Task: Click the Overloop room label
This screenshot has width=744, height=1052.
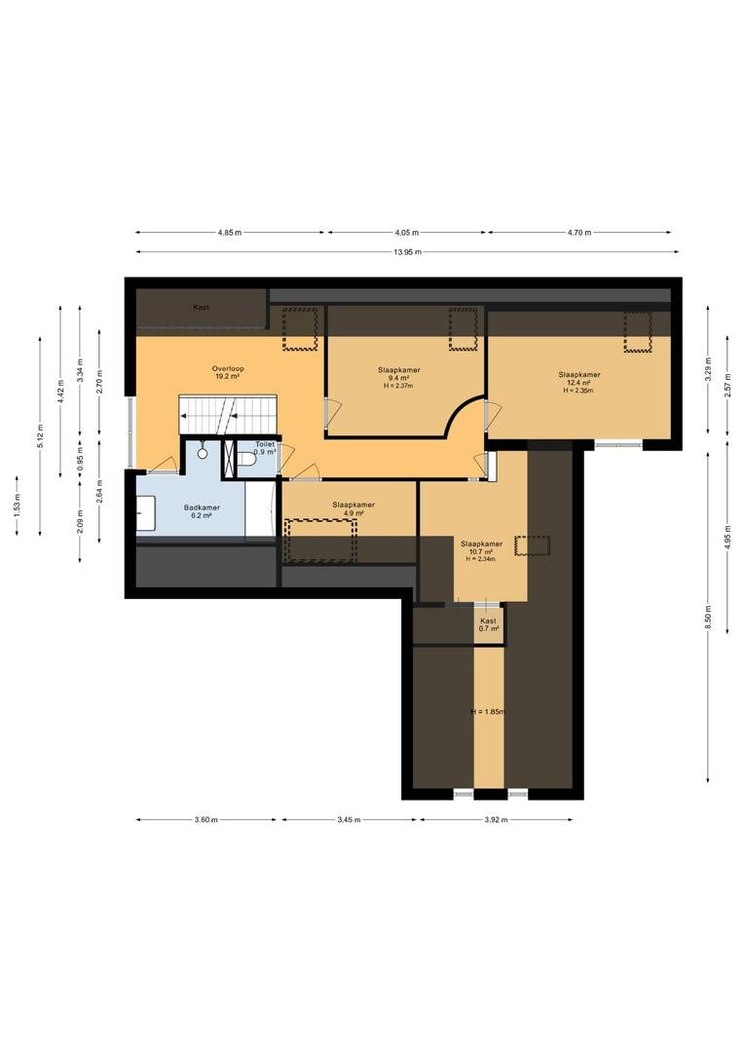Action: point(228,368)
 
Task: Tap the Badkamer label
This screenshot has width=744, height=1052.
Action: point(202,507)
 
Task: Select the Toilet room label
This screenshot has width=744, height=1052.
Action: point(265,444)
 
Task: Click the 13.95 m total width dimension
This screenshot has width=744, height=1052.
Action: point(408,252)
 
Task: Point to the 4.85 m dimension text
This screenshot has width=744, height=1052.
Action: point(230,233)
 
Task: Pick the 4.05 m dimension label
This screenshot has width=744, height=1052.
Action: point(406,233)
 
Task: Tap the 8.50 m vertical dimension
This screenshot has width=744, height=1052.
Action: point(708,618)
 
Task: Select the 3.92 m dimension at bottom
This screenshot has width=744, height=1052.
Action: point(496,820)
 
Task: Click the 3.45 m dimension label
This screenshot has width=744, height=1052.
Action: point(349,820)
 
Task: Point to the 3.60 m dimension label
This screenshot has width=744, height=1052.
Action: point(205,820)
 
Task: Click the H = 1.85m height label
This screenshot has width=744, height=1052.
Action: point(488,712)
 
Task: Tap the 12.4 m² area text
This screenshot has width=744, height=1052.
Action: point(579,383)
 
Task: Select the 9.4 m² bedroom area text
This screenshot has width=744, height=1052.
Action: point(398,378)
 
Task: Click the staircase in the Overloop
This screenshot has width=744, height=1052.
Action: point(228,415)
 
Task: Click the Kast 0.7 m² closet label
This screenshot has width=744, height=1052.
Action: point(489,625)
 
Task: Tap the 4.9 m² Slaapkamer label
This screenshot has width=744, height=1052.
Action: point(353,509)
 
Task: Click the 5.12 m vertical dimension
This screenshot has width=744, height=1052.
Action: point(40,436)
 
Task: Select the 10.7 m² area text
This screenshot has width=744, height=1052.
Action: point(481,551)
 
